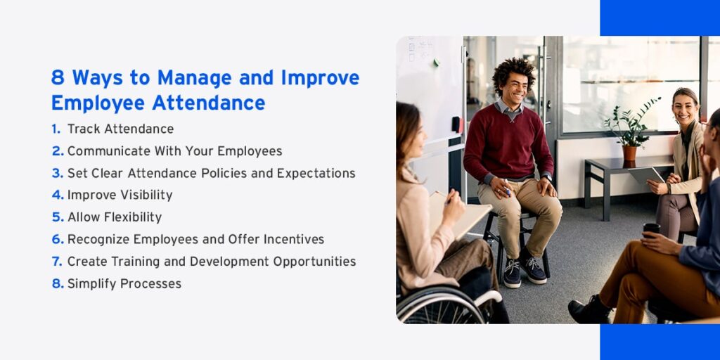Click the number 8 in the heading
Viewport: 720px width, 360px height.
58,77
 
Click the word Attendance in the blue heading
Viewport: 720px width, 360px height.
208,103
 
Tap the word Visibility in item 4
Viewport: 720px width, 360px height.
146,195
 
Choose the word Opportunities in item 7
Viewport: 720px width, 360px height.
314,262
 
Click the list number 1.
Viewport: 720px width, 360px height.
56,129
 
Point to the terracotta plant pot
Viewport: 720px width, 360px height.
629,153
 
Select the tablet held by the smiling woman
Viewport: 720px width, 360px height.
647,175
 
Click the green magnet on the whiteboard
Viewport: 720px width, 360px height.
436,61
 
